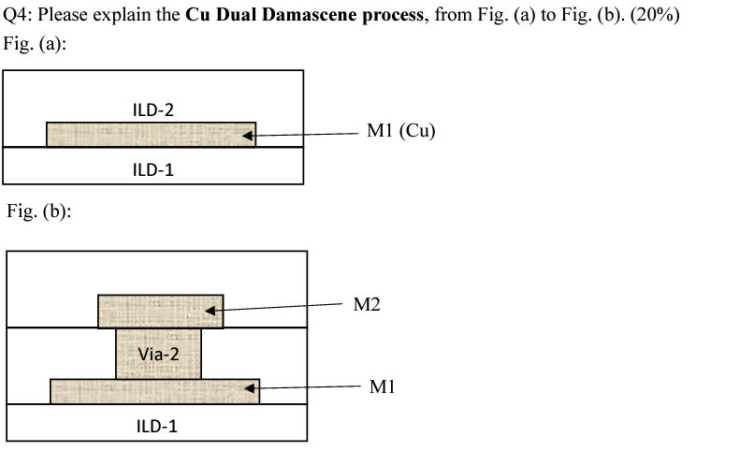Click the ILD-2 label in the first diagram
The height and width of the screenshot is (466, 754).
153,109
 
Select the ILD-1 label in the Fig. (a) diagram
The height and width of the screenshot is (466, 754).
153,170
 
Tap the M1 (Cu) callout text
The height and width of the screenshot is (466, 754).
401,132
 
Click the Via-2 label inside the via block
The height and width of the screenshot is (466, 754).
158,355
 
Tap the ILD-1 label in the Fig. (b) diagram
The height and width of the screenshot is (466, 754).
157,426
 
